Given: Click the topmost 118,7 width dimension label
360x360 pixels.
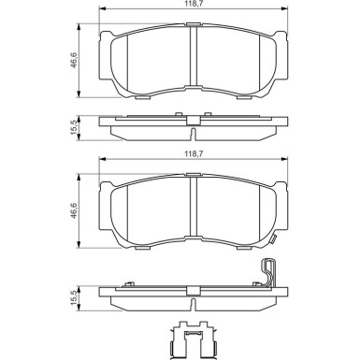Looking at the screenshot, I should (x=190, y=6).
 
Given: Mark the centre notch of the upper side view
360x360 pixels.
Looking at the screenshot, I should (x=191, y=120).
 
